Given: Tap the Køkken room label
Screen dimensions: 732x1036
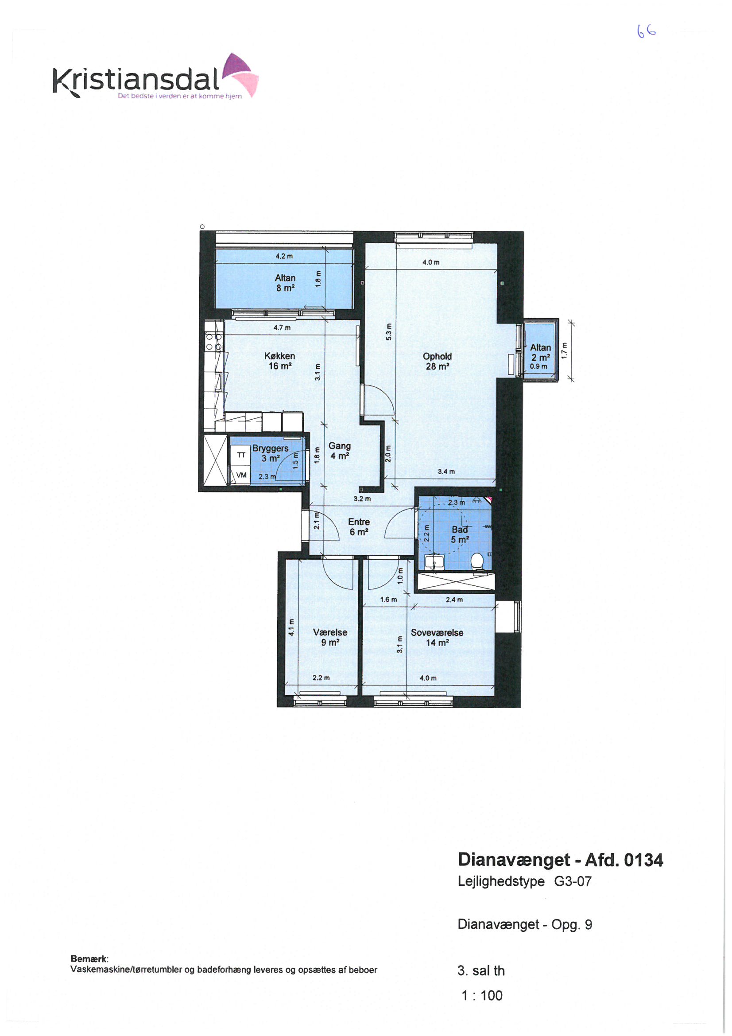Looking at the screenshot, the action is coord(279,356).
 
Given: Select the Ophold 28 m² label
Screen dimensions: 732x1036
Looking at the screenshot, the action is coord(437,361).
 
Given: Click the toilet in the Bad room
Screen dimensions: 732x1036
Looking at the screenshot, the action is coord(477,562).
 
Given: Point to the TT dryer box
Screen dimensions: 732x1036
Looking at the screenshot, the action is coord(241,455).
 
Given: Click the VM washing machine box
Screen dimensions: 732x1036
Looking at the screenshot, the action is coord(241,475).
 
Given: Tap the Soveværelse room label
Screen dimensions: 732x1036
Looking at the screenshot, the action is coord(437,633).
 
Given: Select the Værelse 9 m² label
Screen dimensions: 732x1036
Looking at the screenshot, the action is coord(330,637).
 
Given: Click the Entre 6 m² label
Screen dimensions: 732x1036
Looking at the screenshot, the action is coord(359,526).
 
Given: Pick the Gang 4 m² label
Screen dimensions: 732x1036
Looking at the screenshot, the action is coord(340,451).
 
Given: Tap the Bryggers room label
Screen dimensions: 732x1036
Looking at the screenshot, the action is coord(270,448).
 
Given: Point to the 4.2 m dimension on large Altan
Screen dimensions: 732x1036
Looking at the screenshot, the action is coord(284,256).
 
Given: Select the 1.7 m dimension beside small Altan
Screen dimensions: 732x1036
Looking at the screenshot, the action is coord(563,350).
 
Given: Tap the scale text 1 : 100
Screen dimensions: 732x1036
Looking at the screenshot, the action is coord(482,995).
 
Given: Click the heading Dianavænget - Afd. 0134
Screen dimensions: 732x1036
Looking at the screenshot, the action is coord(561,860).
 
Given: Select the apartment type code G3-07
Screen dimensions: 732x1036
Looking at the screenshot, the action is coord(572,881).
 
